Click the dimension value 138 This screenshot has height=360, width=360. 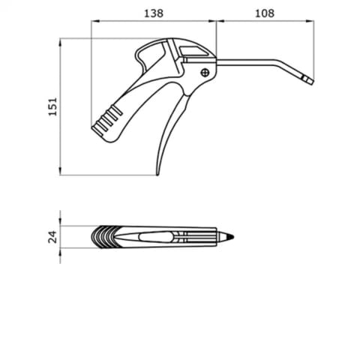154,13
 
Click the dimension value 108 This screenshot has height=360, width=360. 265,13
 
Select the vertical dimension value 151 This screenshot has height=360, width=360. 52,106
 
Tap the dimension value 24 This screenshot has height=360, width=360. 52,237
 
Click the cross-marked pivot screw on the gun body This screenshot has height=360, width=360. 205,73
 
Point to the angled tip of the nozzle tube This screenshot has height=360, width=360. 308,80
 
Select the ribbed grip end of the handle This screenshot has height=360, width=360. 106,119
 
